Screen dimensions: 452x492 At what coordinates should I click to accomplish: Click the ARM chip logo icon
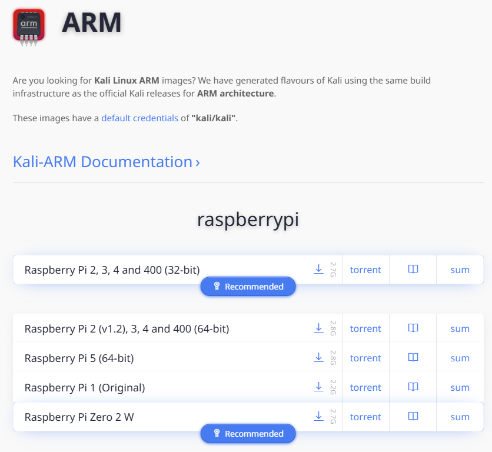point(29,25)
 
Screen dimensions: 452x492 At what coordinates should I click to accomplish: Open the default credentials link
point(139,118)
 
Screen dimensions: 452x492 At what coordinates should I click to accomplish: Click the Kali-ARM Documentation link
point(107,162)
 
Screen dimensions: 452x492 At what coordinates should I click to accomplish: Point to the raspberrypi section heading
point(248,219)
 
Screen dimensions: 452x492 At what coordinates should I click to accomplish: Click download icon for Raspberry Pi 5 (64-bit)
point(318,357)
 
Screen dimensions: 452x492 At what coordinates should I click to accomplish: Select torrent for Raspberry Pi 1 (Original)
point(365,387)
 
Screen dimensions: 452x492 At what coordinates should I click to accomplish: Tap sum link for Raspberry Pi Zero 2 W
point(460,417)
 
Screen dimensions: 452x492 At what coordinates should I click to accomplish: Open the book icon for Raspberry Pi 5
point(413,357)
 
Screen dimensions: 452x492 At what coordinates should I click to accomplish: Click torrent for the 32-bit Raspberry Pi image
point(365,270)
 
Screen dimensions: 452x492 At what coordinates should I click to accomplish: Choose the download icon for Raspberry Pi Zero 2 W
point(318,416)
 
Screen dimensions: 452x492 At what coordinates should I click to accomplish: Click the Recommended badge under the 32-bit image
point(248,287)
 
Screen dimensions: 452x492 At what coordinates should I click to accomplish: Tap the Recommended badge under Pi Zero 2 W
point(248,434)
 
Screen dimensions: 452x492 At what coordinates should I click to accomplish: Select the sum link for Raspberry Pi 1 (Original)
point(460,387)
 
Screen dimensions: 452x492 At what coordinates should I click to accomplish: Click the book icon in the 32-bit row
point(413,269)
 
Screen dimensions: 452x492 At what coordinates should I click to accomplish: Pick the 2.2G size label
point(333,387)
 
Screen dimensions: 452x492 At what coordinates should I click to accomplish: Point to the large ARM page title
point(91,23)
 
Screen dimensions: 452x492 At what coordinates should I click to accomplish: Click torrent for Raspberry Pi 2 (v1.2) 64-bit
point(365,328)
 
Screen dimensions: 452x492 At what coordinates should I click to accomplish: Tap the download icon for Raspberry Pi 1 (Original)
point(318,387)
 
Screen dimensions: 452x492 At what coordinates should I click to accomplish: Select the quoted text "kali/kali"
point(213,118)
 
